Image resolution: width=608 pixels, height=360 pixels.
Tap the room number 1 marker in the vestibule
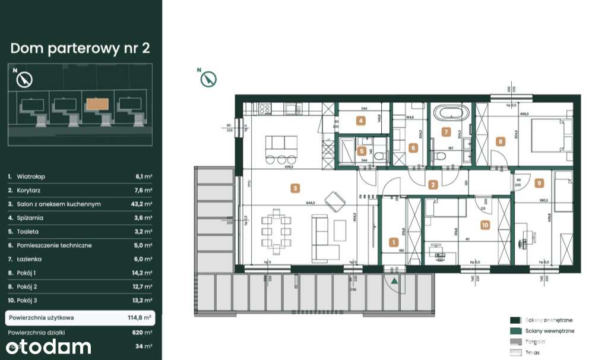click(x=392, y=242)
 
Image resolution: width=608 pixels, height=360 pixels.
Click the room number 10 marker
click(x=484, y=225)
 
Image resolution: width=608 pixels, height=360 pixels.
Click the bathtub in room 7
click(x=451, y=112)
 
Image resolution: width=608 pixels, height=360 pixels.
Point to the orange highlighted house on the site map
click(x=97, y=105)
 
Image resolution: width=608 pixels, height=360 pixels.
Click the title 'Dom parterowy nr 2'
click(x=80, y=48)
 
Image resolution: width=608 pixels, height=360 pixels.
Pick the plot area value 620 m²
click(x=142, y=332)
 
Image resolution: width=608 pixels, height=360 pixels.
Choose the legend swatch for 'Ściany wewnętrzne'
click(x=515, y=331)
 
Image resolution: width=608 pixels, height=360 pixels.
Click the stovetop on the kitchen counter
click(x=265, y=109)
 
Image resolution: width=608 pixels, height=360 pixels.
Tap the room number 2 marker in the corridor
click(x=433, y=184)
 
